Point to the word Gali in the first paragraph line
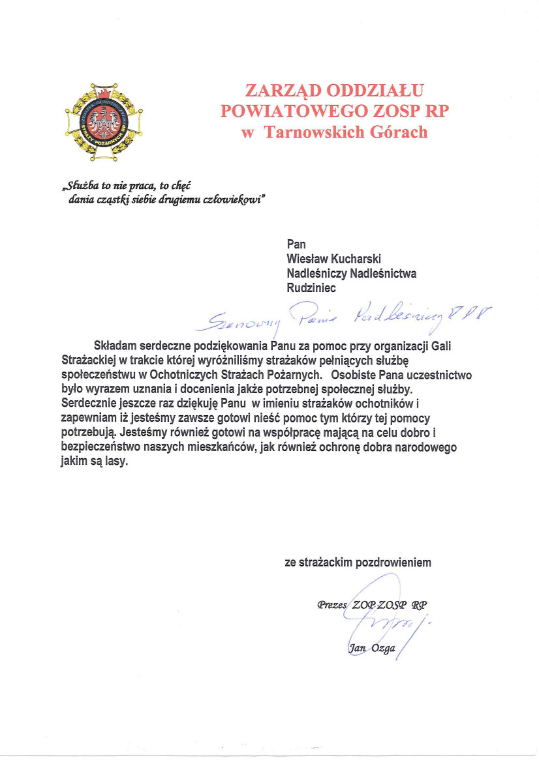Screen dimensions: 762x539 [x=442, y=347]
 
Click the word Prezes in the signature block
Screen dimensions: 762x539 [x=332, y=604]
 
